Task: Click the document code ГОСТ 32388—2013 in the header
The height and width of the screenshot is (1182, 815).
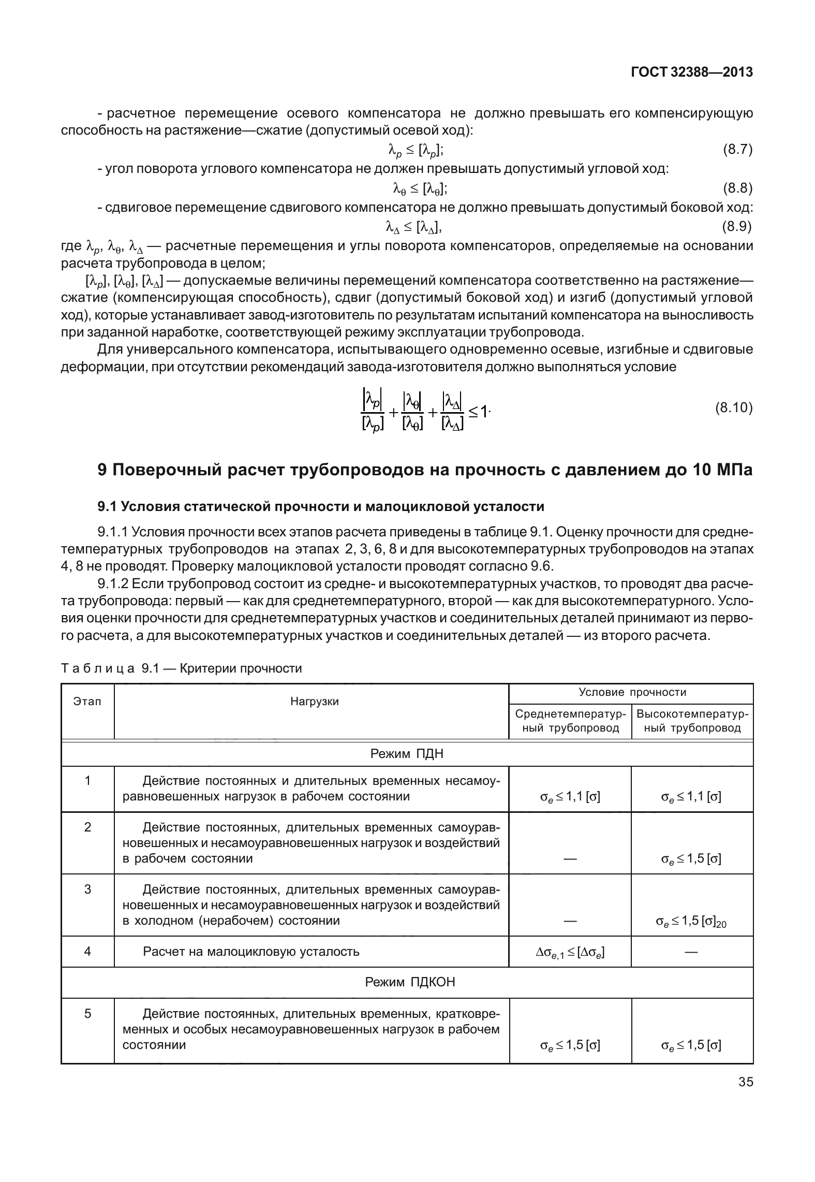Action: point(691,72)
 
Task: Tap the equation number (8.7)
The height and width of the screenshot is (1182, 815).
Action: point(737,150)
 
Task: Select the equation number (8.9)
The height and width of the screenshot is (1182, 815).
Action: point(737,226)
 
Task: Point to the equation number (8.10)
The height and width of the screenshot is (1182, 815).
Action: point(734,408)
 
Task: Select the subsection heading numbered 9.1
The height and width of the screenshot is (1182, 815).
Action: point(321,506)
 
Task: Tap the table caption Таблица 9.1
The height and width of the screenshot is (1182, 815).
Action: point(181,668)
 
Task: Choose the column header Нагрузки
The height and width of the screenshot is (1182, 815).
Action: point(314,702)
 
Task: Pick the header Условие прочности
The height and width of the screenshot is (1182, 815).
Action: point(632,692)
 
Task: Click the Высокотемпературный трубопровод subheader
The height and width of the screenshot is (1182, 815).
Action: point(692,721)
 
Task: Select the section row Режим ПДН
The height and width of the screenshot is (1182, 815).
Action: point(407,753)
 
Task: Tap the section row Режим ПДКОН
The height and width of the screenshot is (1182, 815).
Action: point(407,982)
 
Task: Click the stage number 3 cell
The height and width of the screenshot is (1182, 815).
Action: point(87,889)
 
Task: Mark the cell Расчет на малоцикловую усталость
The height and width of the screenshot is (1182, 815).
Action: point(251,951)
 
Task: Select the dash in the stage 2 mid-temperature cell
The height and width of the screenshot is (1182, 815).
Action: point(570,859)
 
